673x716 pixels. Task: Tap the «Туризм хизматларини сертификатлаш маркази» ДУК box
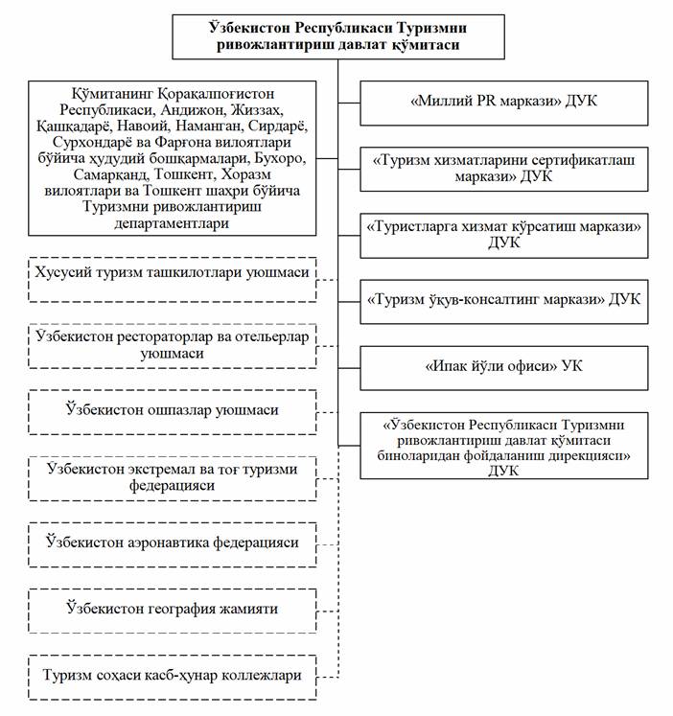point(504,168)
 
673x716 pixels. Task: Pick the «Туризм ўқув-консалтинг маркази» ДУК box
point(504,299)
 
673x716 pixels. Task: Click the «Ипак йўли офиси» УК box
point(504,365)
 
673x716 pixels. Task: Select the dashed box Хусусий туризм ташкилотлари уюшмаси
point(172,272)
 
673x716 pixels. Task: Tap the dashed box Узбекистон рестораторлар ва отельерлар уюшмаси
point(172,345)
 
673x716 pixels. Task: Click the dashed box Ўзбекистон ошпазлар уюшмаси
point(172,411)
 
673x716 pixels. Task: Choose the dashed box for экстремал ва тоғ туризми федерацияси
point(172,476)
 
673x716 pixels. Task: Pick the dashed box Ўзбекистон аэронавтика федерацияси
point(172,543)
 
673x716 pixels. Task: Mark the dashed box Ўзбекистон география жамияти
point(172,608)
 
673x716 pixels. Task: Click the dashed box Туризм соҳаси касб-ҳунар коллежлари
point(172,674)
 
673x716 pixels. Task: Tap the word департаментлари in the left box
point(172,222)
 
